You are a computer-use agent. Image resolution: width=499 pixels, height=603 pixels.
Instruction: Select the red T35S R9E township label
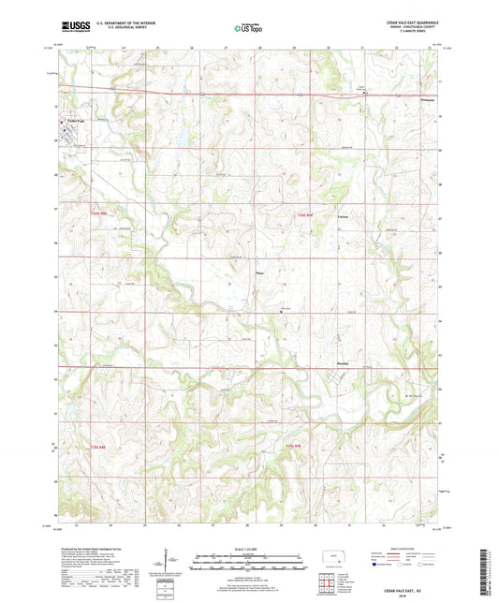(x=294, y=446)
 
